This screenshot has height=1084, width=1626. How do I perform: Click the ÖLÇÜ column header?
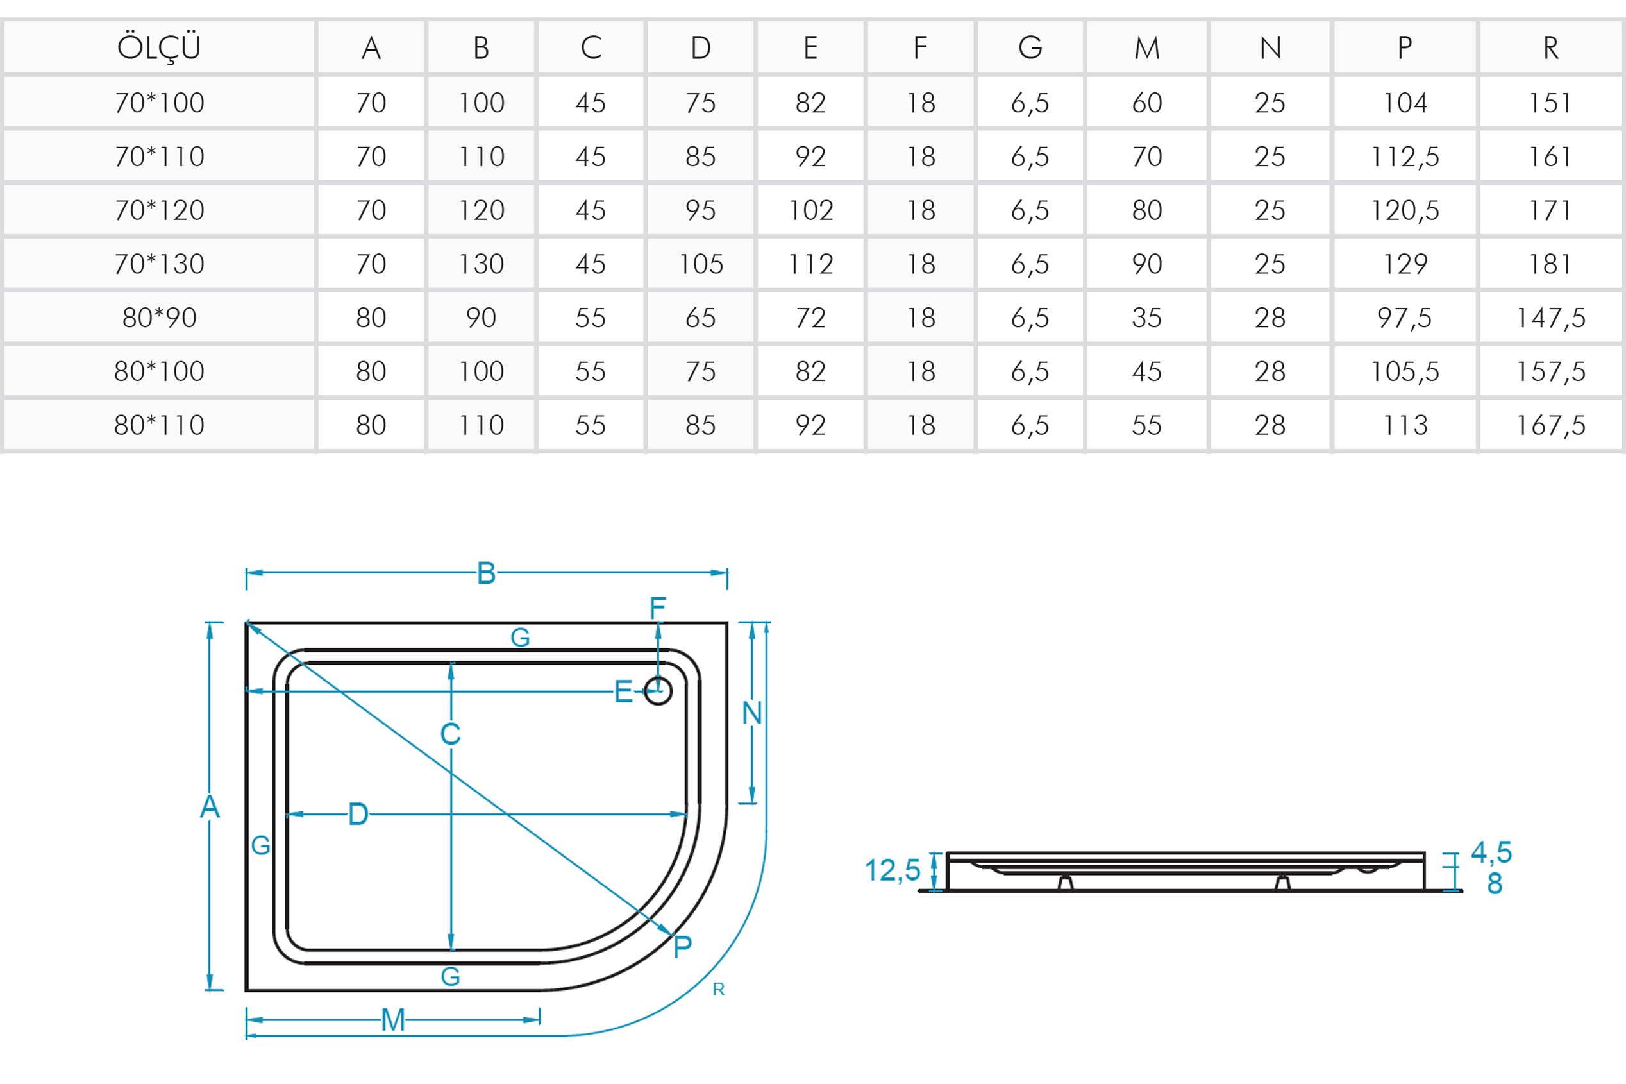159,47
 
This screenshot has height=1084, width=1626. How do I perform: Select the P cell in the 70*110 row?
1404,157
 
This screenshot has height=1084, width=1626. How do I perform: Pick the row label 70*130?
159,264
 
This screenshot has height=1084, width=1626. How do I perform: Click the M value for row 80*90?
1146,318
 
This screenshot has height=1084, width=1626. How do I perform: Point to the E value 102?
810,210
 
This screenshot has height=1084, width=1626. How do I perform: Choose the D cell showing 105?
701,264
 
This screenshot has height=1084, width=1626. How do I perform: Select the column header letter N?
1270,47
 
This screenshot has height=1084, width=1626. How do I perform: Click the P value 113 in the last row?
1404,425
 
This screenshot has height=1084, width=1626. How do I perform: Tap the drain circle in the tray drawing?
658,691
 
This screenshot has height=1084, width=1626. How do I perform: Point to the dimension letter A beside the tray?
210,807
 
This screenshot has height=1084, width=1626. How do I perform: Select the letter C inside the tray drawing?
451,734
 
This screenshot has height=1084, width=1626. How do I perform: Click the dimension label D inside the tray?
358,815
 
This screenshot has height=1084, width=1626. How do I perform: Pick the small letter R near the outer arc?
719,990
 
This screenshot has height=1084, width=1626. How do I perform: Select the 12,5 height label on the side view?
892,870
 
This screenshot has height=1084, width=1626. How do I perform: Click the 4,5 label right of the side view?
1491,852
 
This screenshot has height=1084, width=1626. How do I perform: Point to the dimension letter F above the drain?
657,608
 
